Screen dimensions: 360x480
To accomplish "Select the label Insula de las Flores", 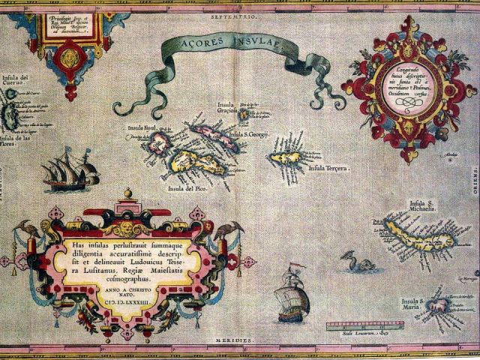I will pos(16,142).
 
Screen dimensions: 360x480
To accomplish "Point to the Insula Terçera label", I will pos(329,169).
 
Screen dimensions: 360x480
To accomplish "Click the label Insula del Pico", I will pos(187,187).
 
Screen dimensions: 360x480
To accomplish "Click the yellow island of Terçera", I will pos(286,159).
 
